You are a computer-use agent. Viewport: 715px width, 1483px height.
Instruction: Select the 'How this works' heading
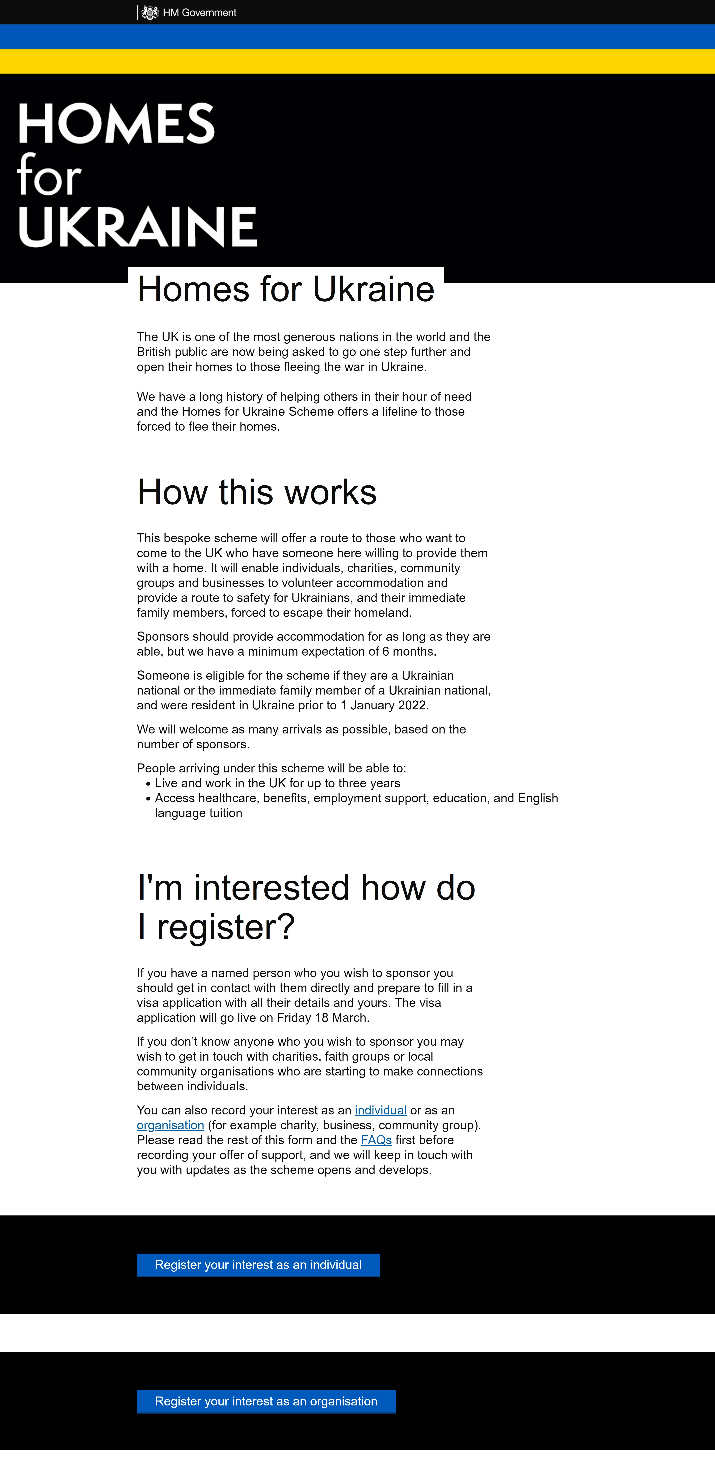click(x=257, y=492)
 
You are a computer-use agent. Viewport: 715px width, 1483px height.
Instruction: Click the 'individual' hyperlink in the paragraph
click(x=381, y=1110)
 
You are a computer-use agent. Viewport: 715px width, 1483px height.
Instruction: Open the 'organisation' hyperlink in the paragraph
click(x=170, y=1125)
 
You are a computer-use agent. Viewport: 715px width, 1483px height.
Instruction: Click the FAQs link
click(x=376, y=1140)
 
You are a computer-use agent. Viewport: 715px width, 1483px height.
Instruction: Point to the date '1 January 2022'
click(x=383, y=705)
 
